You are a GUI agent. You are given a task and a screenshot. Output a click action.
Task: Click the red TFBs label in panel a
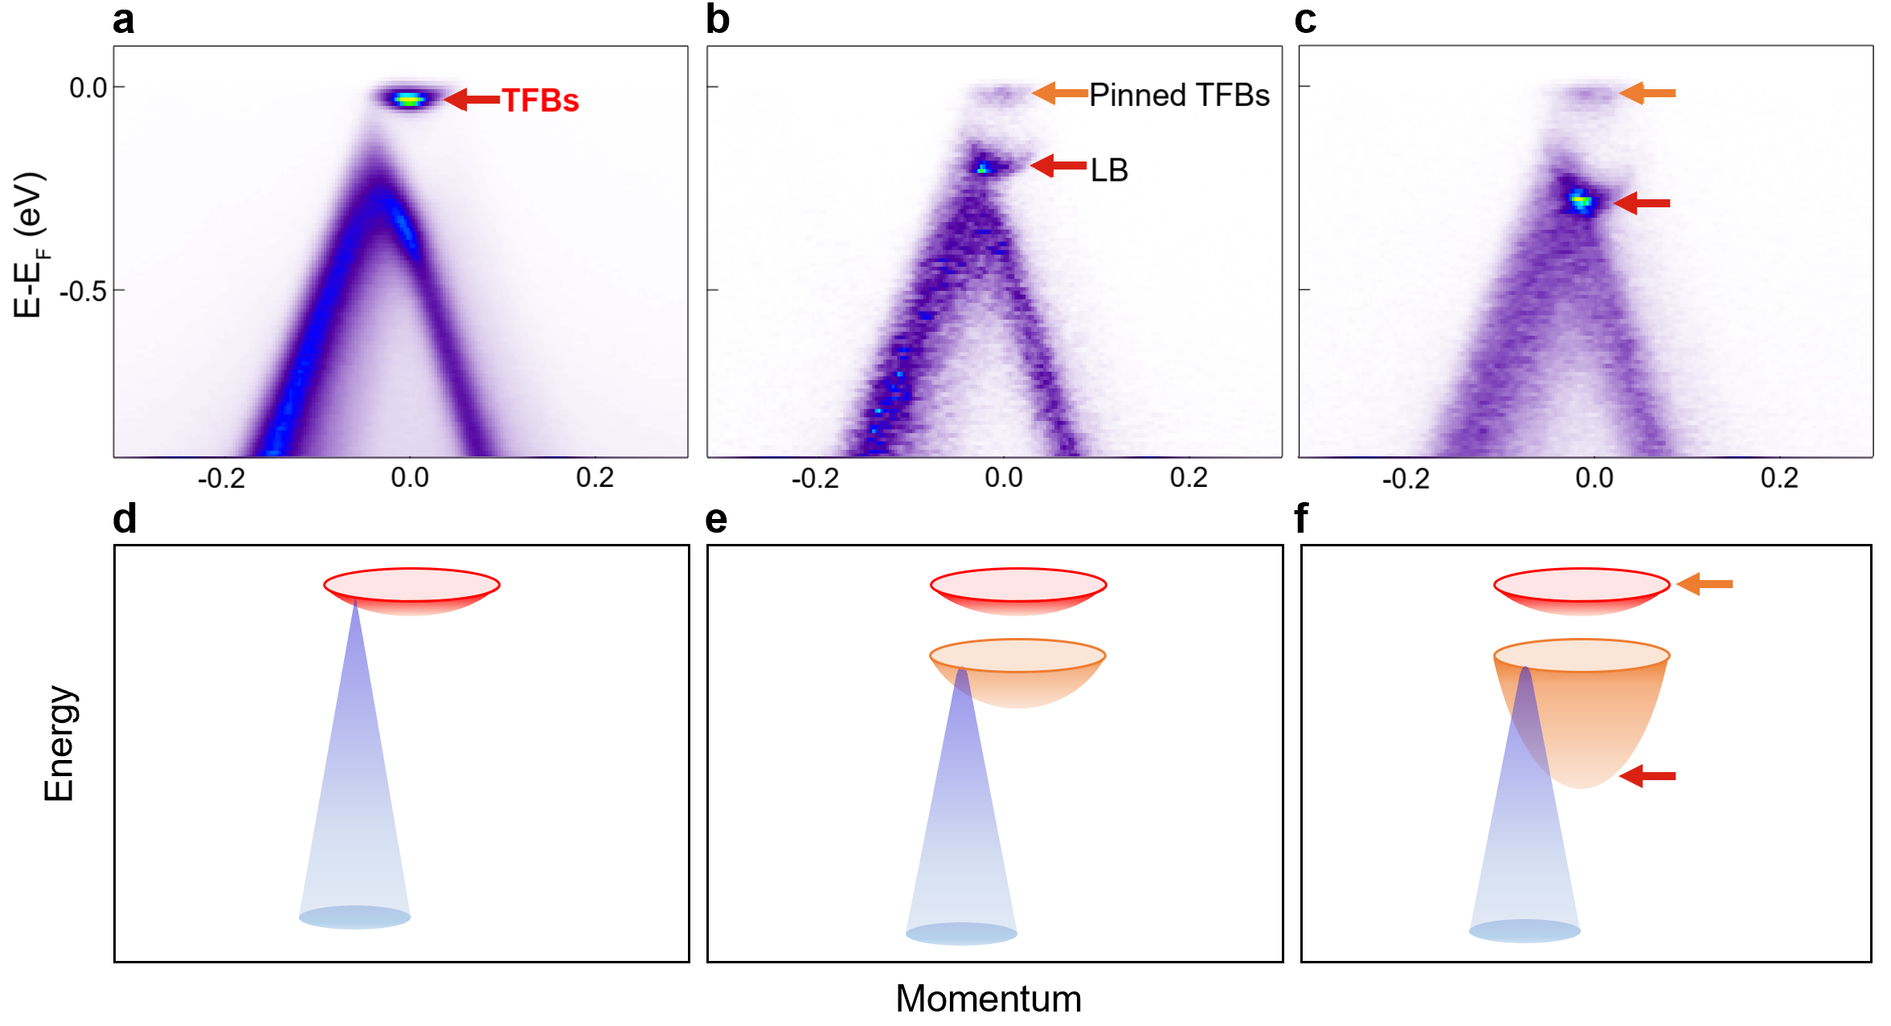[540, 100]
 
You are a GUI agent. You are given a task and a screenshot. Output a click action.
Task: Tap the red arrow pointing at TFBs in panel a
[472, 99]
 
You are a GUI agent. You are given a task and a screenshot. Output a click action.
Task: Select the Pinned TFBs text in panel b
[1178, 95]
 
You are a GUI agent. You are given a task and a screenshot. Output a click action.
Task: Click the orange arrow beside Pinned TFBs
[1059, 93]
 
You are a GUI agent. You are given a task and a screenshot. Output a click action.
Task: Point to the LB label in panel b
[1109, 170]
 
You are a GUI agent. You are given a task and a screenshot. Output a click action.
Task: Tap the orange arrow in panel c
[1647, 93]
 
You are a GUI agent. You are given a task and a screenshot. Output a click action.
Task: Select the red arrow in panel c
[1642, 203]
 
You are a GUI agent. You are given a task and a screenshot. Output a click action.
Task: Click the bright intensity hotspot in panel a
[409, 100]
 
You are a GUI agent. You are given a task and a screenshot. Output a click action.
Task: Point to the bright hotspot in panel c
[1581, 200]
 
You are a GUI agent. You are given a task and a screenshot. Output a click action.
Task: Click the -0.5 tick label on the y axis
[83, 291]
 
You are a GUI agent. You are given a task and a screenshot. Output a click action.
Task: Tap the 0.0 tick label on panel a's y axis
[88, 88]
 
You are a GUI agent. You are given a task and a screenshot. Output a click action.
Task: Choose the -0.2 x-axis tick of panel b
[815, 478]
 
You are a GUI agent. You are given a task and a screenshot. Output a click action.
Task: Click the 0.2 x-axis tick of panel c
[1778, 478]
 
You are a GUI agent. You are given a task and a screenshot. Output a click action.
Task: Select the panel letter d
[125, 519]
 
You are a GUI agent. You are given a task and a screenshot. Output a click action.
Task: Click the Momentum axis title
[988, 999]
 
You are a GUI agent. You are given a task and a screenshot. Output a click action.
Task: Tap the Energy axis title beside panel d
[59, 743]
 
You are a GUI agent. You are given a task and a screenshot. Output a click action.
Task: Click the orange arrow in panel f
[1705, 584]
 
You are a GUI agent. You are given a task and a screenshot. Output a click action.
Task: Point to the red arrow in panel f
[1647, 776]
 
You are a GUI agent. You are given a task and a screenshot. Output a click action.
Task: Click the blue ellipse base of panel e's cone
[961, 934]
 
